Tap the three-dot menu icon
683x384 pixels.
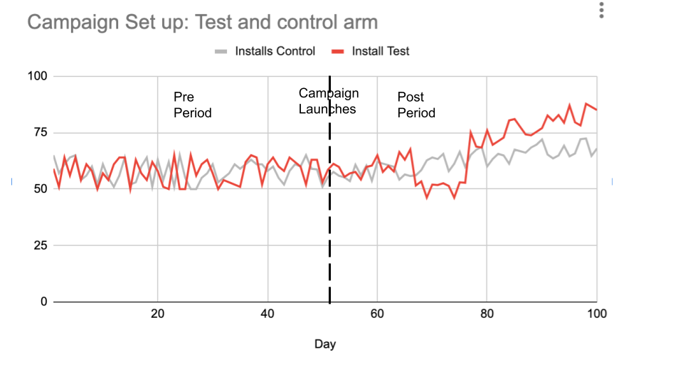coord(602,11)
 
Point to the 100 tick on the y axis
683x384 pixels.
coord(38,76)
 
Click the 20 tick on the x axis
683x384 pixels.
coord(157,315)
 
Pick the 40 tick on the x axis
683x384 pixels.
coord(268,315)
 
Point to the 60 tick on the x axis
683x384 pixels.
coord(377,315)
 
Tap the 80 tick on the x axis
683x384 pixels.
coord(487,315)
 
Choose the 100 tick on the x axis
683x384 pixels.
coord(596,315)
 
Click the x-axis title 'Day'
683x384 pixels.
coord(325,344)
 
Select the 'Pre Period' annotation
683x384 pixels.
coord(192,105)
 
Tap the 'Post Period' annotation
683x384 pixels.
coord(416,105)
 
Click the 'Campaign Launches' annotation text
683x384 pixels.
coord(328,101)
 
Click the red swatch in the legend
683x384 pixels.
coord(337,51)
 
